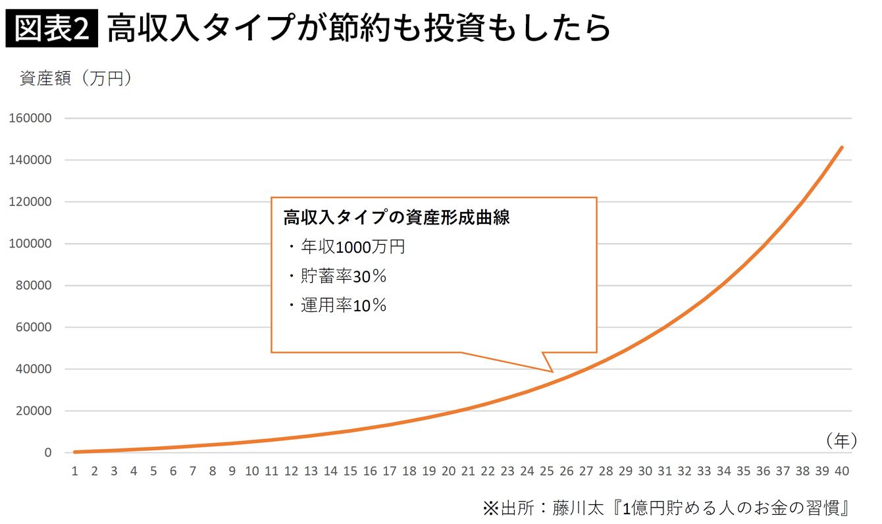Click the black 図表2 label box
pos(51,30)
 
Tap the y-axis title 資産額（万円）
pos(77,78)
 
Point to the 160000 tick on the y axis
pos(30,118)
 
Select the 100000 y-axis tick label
pos(30,244)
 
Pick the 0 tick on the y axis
pos(47,453)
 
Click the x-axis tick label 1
pos(75,471)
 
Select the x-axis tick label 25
pos(546,471)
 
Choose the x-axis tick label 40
pos(842,471)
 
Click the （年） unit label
pos(841,441)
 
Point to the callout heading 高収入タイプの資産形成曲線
pos(397,218)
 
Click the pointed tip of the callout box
pos(553,372)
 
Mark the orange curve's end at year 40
pos(842,147)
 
